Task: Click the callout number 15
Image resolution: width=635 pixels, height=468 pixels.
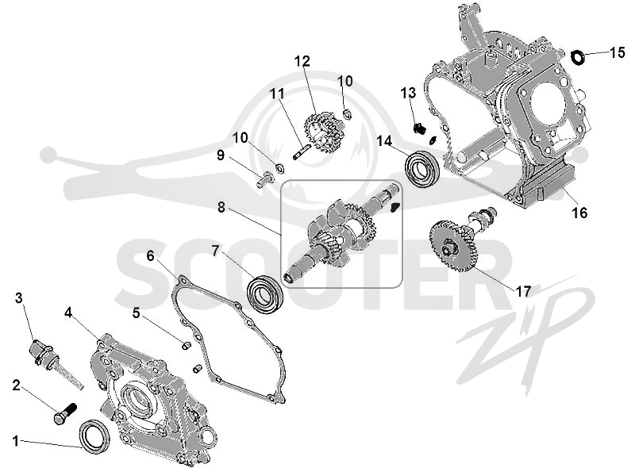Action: coord(618,52)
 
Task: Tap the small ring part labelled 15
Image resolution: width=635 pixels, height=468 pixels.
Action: coord(578,57)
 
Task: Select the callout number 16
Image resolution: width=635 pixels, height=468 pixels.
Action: coord(579,213)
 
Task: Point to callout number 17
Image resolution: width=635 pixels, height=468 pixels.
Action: coord(522,291)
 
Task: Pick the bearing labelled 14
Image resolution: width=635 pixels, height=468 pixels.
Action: coord(422,168)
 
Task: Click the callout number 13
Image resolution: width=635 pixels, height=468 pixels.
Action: coord(408,93)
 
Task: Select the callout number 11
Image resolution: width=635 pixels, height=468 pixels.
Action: coord(277,94)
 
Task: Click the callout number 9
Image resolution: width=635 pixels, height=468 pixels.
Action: coord(221,155)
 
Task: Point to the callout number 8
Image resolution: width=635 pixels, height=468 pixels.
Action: coord(221,207)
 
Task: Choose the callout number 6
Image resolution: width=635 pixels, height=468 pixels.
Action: coord(150,256)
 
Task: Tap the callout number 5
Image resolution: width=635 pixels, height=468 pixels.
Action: coord(136,313)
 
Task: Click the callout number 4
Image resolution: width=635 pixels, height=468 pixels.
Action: coord(68,313)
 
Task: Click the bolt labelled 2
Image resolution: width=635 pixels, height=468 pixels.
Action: coord(65,413)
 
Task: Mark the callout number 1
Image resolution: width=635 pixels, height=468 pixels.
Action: coord(16,441)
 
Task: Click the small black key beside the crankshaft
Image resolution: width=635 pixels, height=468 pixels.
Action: coord(394,206)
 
